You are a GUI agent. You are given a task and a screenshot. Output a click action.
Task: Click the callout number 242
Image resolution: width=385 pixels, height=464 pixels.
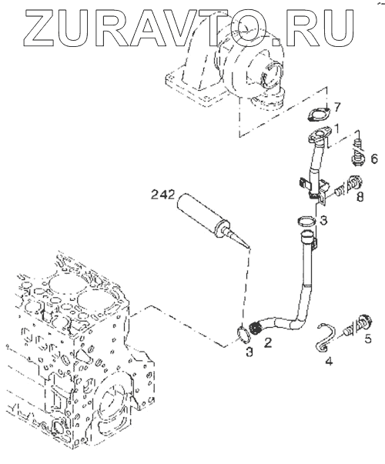pos(162,195)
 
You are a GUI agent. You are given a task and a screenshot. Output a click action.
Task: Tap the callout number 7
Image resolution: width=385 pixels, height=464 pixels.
pos(337,107)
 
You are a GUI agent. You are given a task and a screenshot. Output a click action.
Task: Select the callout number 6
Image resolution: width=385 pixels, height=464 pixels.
pos(374,159)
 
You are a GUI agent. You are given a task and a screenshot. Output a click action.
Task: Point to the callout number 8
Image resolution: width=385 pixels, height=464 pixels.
pos(360,196)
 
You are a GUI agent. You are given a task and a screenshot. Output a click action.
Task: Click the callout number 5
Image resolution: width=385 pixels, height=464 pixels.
pos(367,339)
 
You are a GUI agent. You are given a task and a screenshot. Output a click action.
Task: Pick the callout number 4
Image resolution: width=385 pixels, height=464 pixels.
pos(329,361)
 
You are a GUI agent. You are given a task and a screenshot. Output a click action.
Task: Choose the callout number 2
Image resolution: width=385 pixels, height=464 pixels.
pos(268,342)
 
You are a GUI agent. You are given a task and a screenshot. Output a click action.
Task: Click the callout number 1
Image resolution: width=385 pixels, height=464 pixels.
pos(336,129)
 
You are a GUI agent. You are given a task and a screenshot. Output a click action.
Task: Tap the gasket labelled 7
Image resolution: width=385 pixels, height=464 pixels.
pos(317,115)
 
